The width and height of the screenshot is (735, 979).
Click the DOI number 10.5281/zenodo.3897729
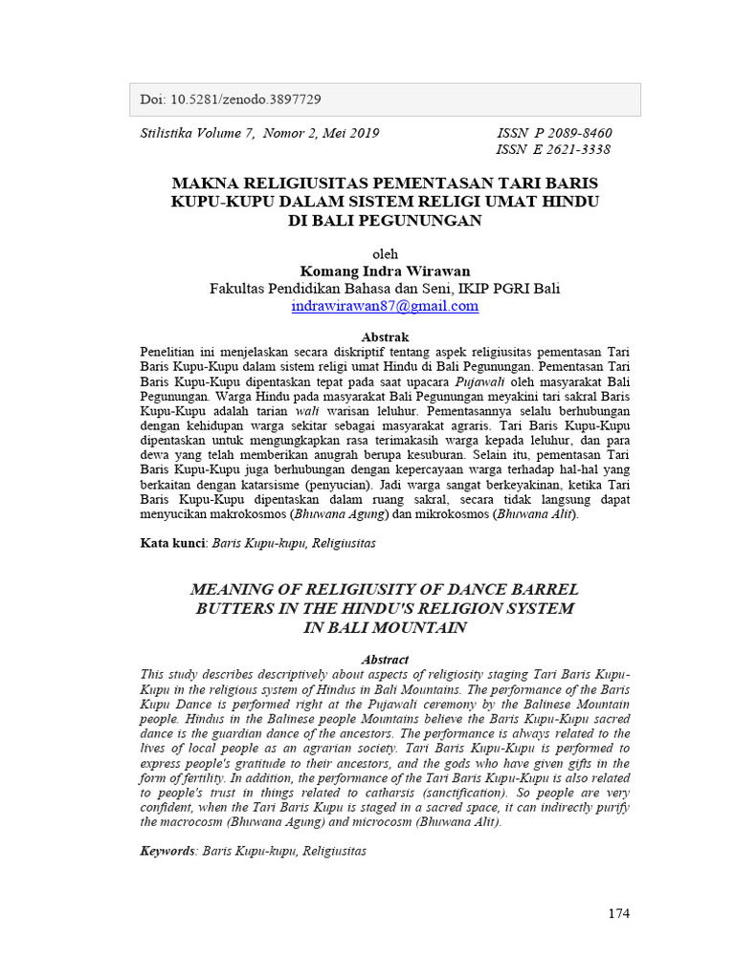243,99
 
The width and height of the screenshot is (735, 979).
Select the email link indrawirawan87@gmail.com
385,306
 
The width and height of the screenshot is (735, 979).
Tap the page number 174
619,913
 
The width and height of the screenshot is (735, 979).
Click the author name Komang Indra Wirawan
385,272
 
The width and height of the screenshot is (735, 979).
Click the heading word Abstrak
385,337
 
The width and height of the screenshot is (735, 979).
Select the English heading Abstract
385,660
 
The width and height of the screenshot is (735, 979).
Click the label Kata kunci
172,542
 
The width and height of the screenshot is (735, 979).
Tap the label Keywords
168,850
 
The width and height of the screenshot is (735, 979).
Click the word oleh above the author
385,254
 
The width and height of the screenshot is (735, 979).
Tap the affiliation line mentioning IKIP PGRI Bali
385,289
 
